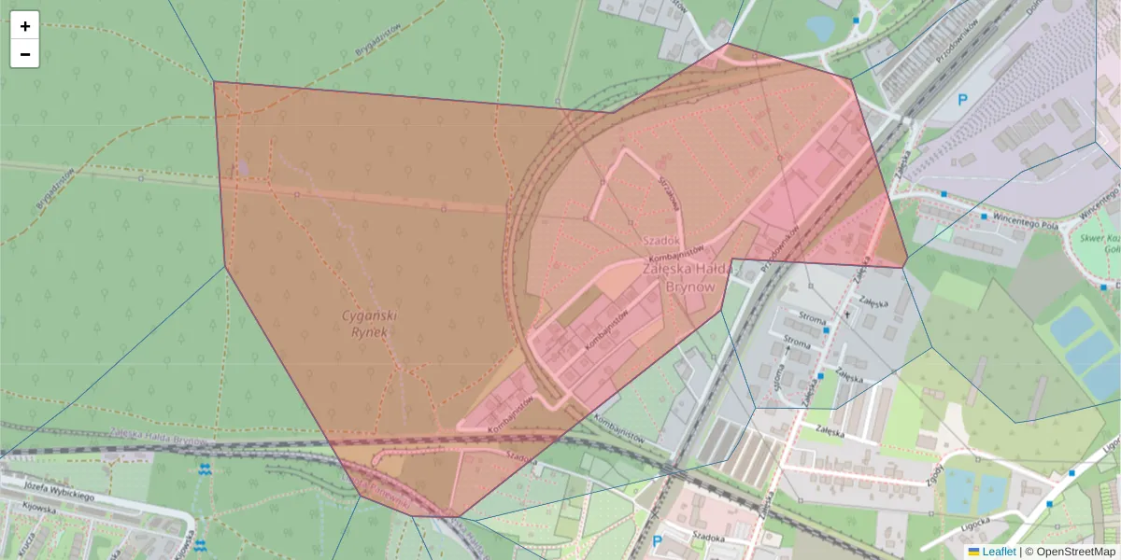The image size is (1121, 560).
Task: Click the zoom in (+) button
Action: pyautogui.click(x=25, y=26)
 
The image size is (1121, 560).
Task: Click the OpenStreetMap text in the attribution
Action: pyautogui.click(x=1075, y=552)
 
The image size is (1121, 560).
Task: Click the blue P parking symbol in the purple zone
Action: pyautogui.click(x=961, y=99)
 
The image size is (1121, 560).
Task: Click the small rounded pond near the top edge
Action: pyautogui.click(x=821, y=27)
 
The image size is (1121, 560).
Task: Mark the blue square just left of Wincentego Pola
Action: pyautogui.click(x=984, y=216)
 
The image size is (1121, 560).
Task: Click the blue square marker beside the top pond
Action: pyautogui.click(x=856, y=20)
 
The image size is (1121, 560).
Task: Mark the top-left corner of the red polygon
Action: pyautogui.click(x=214, y=82)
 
